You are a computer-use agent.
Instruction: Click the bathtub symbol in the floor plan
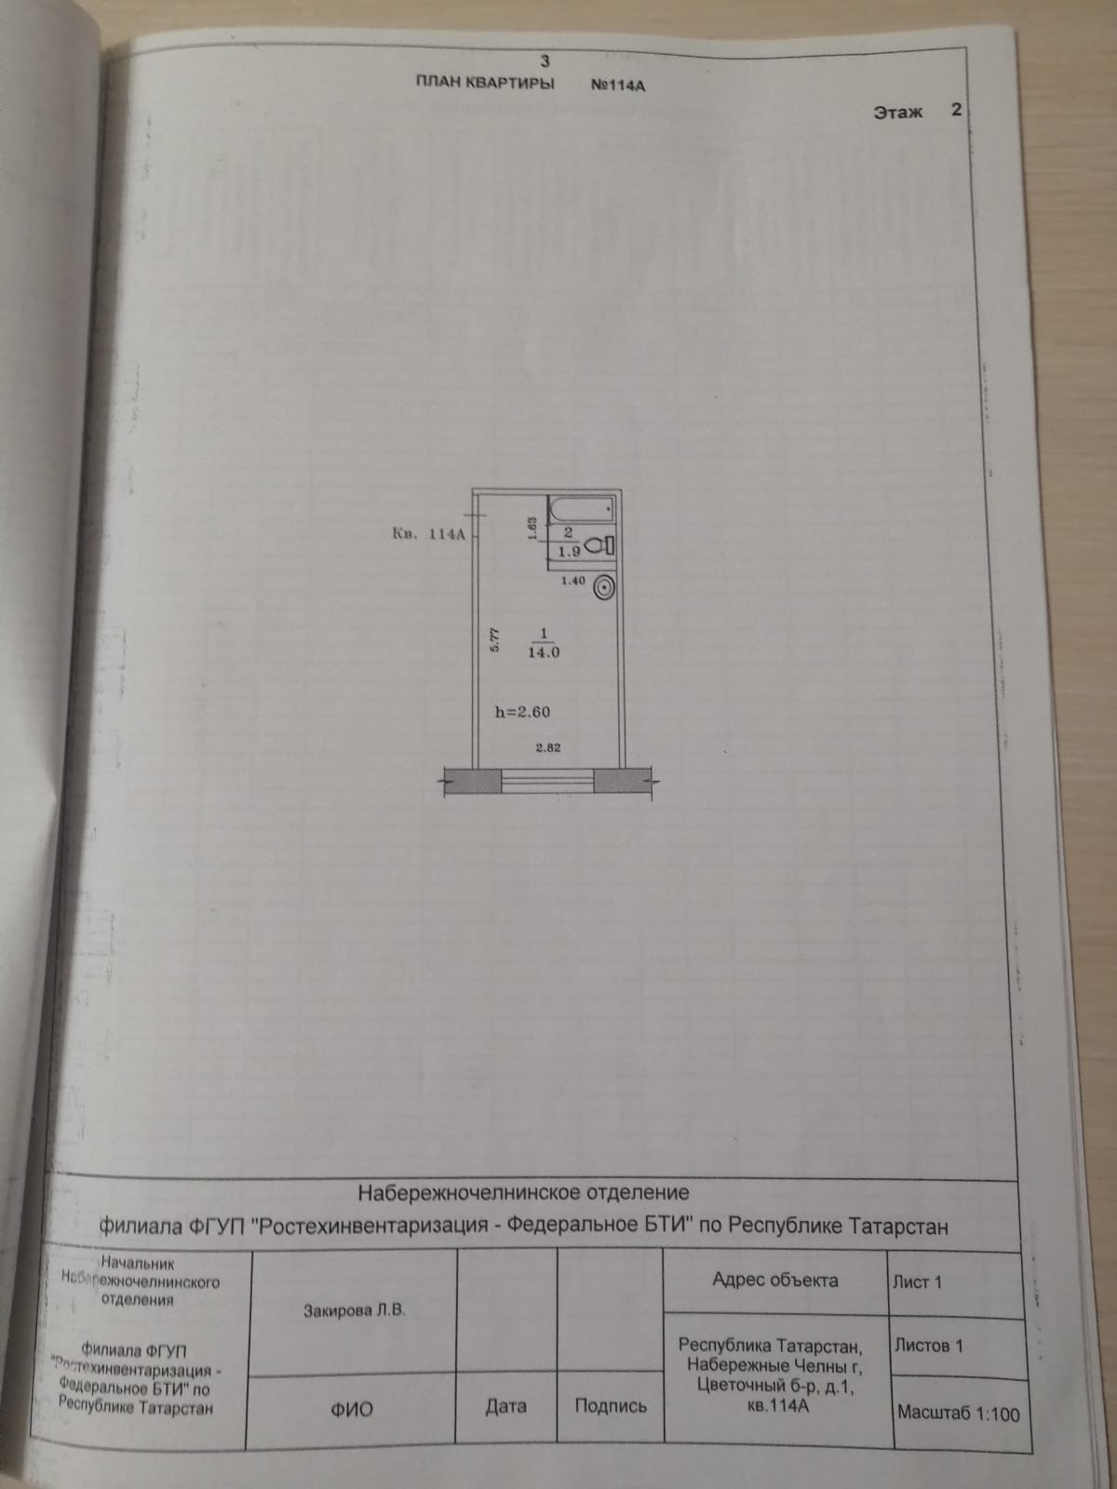click(x=582, y=509)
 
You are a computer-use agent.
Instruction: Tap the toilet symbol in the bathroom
click(x=600, y=546)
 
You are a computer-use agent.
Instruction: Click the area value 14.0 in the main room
click(x=544, y=652)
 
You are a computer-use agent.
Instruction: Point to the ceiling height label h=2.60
click(x=522, y=712)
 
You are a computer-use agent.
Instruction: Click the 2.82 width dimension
click(x=547, y=746)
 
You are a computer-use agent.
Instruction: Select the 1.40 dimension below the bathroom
click(x=573, y=581)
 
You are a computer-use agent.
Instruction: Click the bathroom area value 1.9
click(x=569, y=551)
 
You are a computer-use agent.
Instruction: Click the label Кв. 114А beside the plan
click(x=428, y=534)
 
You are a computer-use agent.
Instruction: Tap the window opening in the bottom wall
click(x=547, y=780)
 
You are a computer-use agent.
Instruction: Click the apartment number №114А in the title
click(x=618, y=85)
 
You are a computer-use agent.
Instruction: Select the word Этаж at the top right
click(x=898, y=112)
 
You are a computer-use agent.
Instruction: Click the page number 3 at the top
click(x=545, y=61)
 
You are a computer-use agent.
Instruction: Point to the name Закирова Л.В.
click(x=354, y=1311)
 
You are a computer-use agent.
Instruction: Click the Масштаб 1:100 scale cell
click(x=958, y=1413)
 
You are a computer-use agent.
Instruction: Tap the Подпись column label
click(x=611, y=1406)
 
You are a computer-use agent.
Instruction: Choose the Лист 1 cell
click(x=917, y=1282)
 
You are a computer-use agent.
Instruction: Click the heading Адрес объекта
click(x=774, y=1280)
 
